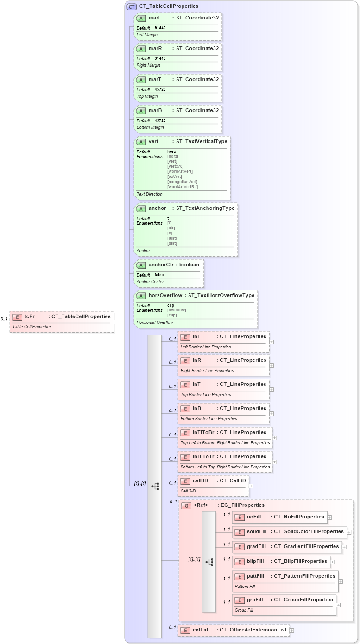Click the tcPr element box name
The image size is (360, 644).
(30, 316)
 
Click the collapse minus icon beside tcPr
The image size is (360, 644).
(116, 322)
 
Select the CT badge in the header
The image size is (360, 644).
(132, 6)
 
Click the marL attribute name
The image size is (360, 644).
(155, 17)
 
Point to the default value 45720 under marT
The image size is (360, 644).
(160, 89)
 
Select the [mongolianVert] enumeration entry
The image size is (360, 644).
(182, 182)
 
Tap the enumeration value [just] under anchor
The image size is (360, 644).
(172, 238)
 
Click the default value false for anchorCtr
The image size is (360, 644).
(159, 275)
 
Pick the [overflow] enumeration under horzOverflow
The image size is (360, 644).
(177, 310)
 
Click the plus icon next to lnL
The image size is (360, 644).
(272, 342)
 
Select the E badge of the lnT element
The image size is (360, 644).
(185, 385)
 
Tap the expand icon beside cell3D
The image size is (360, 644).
(251, 486)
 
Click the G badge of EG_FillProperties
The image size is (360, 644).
(186, 505)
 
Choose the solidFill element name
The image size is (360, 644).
(257, 531)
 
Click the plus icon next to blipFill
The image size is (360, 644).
(333, 562)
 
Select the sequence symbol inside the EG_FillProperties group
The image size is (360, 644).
(209, 562)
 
